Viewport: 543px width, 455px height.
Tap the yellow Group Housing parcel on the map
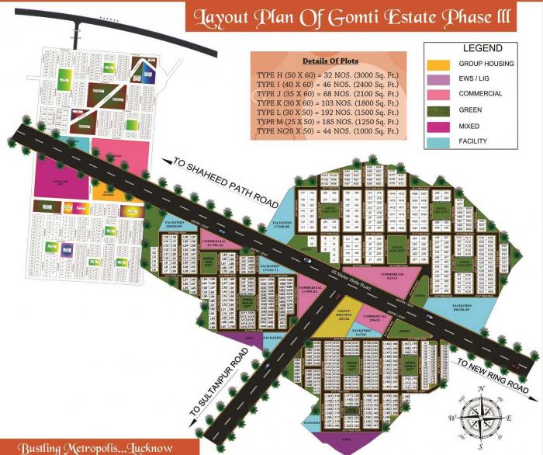(344, 314)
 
